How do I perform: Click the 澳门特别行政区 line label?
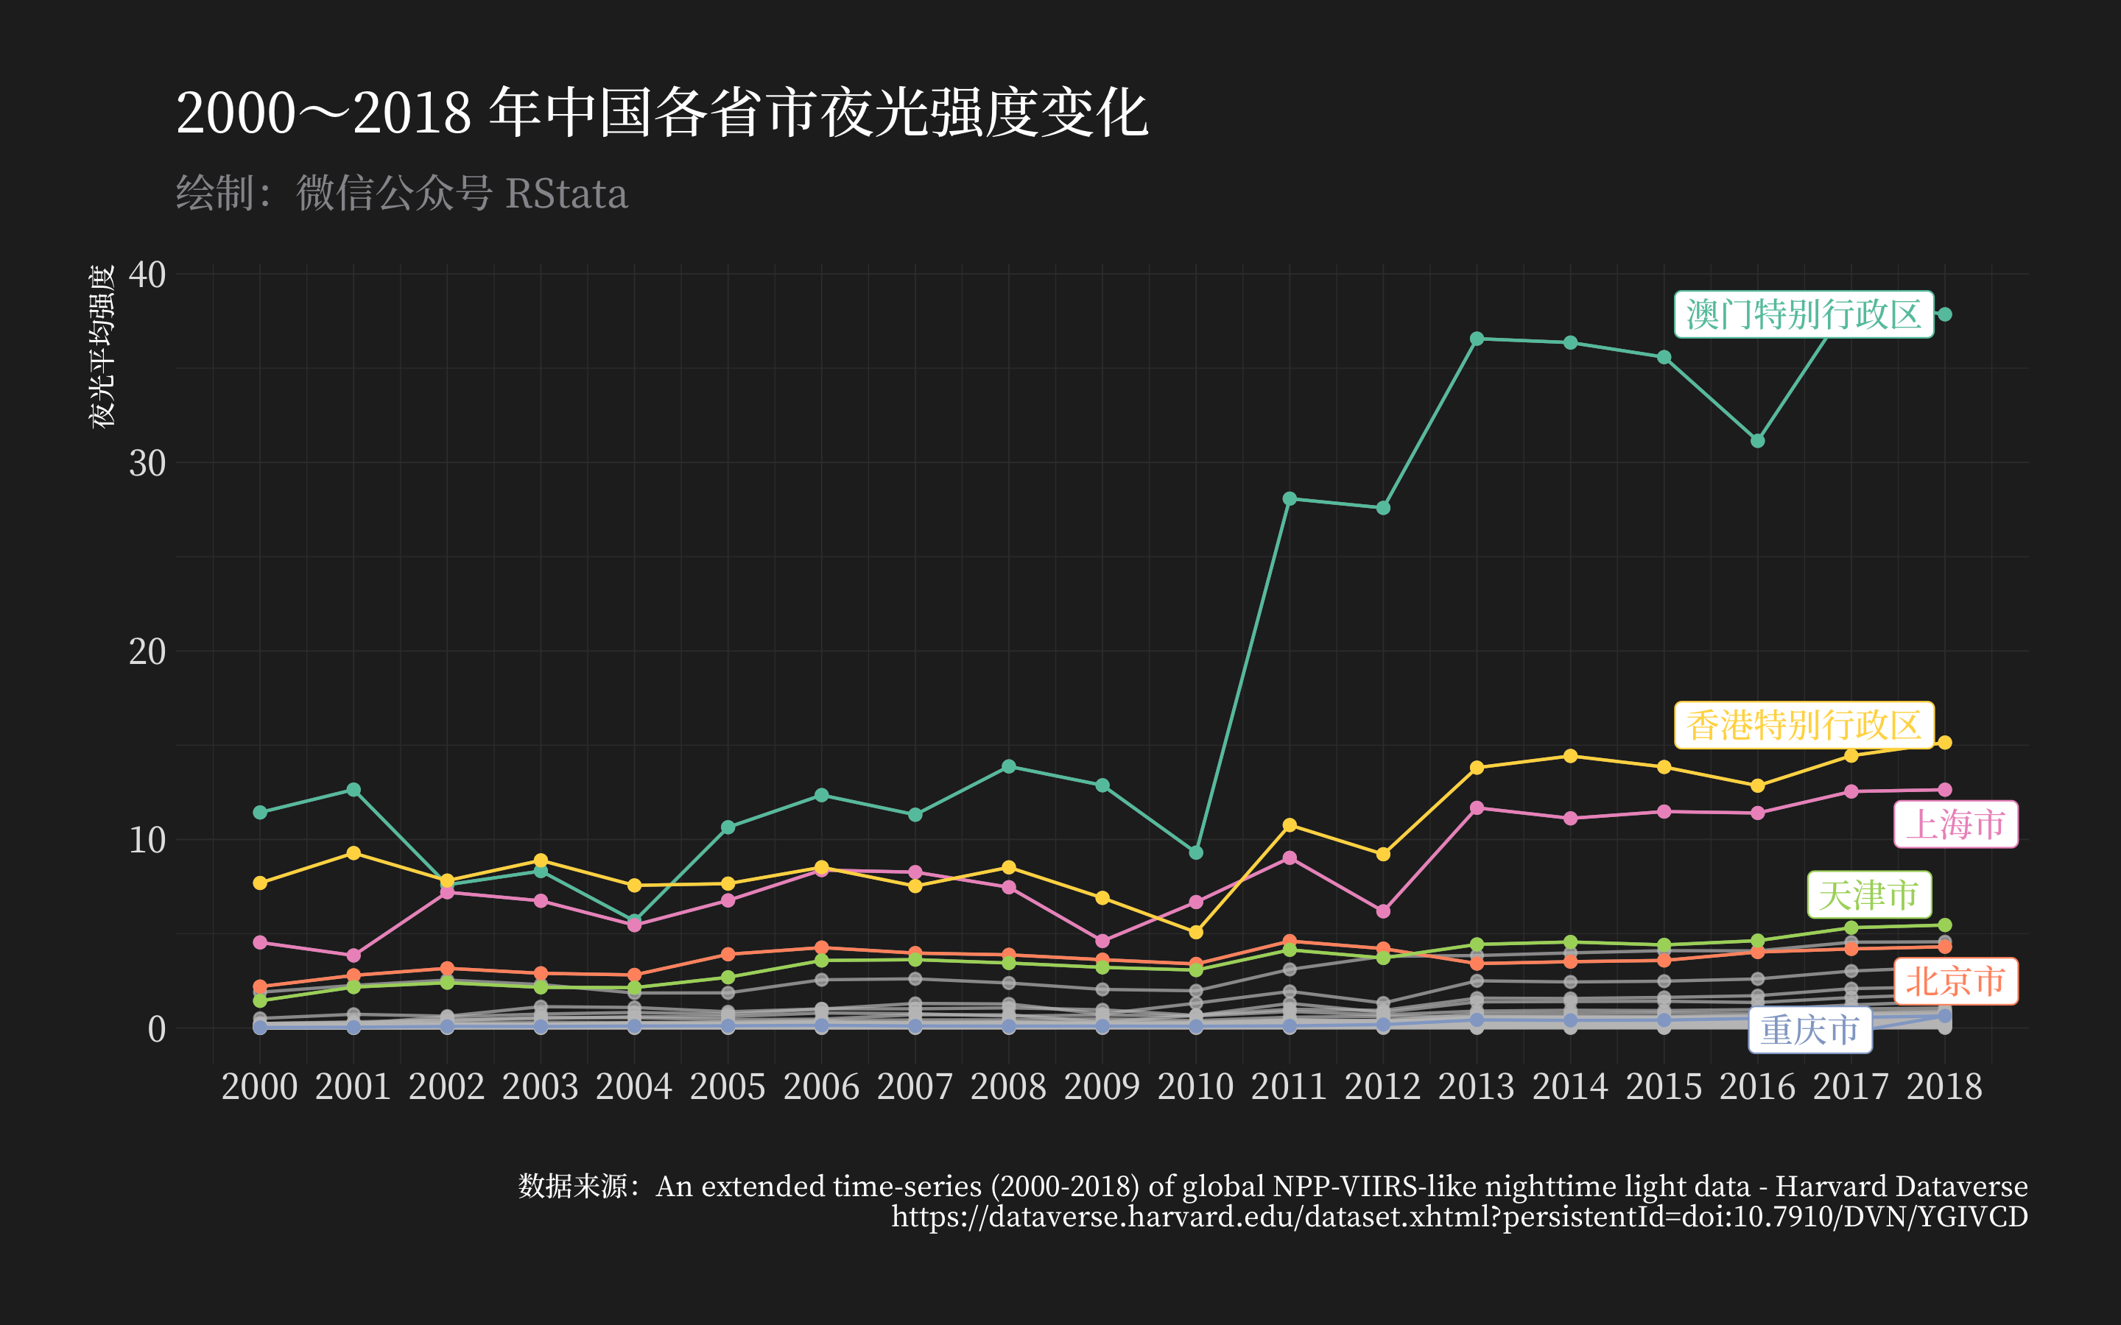point(1804,314)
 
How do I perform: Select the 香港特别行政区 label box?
point(1804,725)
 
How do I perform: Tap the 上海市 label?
point(1955,824)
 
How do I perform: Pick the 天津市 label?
point(1868,894)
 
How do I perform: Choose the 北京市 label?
point(1955,981)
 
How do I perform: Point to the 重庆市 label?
point(1810,1030)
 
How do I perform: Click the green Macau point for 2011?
point(1290,498)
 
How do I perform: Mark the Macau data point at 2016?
point(1757,441)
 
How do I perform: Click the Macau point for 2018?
point(1945,314)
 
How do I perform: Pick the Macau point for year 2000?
point(259,813)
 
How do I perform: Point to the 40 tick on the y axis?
point(147,275)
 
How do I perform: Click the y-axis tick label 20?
point(147,651)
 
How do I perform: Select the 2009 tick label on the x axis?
point(1102,1086)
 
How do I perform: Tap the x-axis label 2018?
point(1945,1086)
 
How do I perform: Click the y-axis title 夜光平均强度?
point(102,347)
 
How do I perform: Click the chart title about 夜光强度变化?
point(662,113)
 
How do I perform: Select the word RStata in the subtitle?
point(567,194)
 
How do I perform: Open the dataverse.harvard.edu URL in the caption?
point(1459,1216)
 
